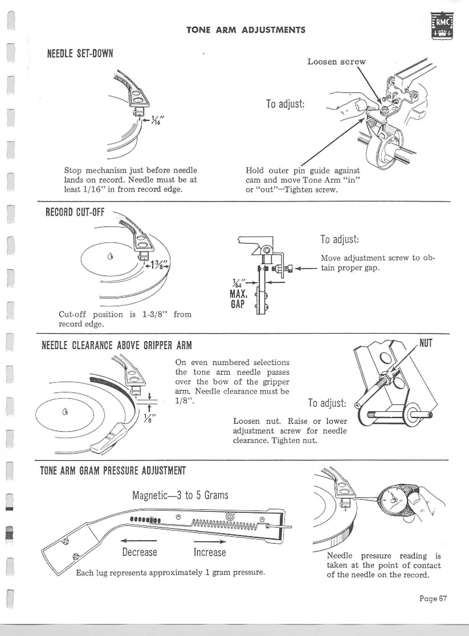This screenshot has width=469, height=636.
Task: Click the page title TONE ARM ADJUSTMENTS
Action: pos(246,30)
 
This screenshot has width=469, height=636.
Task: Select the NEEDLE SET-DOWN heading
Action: pos(80,53)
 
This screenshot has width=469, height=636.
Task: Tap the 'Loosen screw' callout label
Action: pos(336,62)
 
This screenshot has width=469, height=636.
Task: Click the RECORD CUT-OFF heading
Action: pos(75,212)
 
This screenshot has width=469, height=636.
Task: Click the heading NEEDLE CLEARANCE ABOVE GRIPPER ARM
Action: pos(117,345)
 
